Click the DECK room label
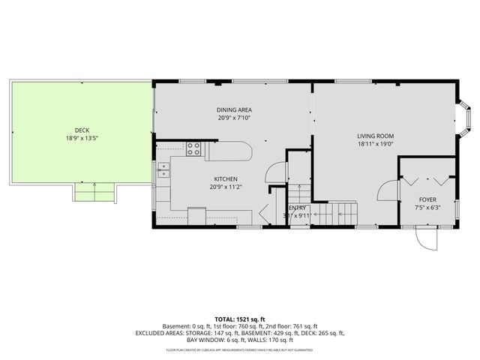[81, 130]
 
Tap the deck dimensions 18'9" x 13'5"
[81, 138]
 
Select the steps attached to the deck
[94, 192]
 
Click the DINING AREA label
[234, 109]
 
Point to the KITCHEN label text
[226, 179]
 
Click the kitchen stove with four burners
[193, 148]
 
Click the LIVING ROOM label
[375, 136]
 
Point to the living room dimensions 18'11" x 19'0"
[375, 145]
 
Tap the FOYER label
[427, 199]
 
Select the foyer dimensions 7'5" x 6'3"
[427, 208]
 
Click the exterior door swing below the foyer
[425, 240]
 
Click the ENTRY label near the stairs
[298, 208]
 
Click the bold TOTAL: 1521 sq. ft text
[239, 319]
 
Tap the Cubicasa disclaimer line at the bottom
[239, 349]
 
